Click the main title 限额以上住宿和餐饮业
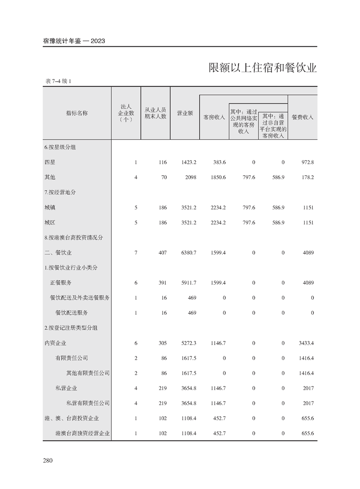262,68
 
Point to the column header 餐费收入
302,117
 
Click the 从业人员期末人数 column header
155,113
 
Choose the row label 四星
50,162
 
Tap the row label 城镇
50,207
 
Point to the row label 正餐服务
60,283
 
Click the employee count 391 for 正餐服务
162,283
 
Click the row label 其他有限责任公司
88,373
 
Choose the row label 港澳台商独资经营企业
83,434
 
